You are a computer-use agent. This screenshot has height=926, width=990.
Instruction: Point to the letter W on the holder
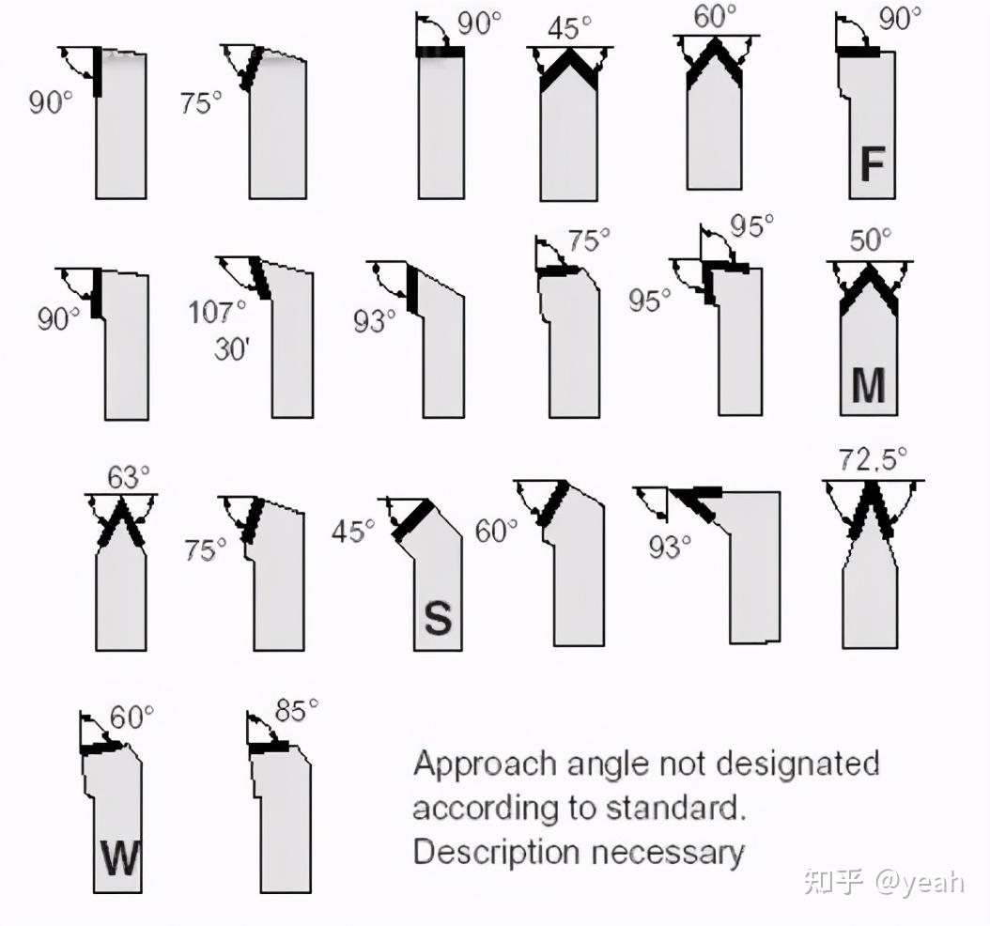pyautogui.click(x=120, y=857)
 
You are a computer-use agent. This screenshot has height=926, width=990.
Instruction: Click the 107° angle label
pyautogui.click(x=217, y=312)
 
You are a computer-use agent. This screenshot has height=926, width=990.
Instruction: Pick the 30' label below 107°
pyautogui.click(x=232, y=349)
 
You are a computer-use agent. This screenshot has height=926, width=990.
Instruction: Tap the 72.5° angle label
pyautogui.click(x=873, y=459)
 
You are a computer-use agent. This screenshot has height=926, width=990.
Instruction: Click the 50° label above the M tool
pyautogui.click(x=871, y=240)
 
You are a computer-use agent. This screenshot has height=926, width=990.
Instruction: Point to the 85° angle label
pyautogui.click(x=296, y=710)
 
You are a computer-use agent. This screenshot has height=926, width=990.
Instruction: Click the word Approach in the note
pyautogui.click(x=485, y=765)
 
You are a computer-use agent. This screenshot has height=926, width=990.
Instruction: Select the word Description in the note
pyautogui.click(x=497, y=854)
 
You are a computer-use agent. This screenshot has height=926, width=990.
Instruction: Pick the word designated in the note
pyautogui.click(x=798, y=764)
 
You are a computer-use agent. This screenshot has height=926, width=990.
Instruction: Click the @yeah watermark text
pyautogui.click(x=920, y=882)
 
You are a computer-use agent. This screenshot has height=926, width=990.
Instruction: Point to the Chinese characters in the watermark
pyautogui.click(x=833, y=881)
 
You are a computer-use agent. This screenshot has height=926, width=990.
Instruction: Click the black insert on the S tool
pyautogui.click(x=413, y=520)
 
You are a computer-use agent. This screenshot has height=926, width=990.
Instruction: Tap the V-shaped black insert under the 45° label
pyautogui.click(x=569, y=69)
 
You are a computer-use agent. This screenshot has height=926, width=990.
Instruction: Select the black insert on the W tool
pyautogui.click(x=104, y=748)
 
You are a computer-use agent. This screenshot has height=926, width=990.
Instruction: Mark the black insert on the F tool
pyautogui.click(x=859, y=51)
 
